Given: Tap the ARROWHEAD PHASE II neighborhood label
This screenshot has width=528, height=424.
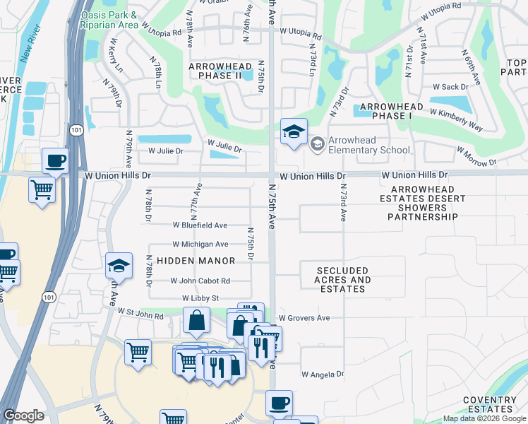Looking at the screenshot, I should pos(220,71).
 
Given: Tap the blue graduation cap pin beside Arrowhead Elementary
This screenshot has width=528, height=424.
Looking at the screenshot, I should pos(294,131).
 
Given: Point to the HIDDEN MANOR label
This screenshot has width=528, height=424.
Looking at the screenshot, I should pos(196,261).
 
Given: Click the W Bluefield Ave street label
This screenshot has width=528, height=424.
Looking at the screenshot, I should pos(200,225).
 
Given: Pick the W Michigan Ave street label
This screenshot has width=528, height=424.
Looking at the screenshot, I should pos(200,244).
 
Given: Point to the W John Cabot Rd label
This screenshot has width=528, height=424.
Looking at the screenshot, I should pos(200,281).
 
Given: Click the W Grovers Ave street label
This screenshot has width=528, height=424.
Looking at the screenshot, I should pos(304,318).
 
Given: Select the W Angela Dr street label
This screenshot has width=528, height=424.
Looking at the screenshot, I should pos(323,374).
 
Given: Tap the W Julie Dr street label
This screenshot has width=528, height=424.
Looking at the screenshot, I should pos(165,151).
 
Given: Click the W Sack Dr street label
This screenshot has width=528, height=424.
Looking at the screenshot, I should pos(450,87).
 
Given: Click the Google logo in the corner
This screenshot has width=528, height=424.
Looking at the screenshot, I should pos(23,416).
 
